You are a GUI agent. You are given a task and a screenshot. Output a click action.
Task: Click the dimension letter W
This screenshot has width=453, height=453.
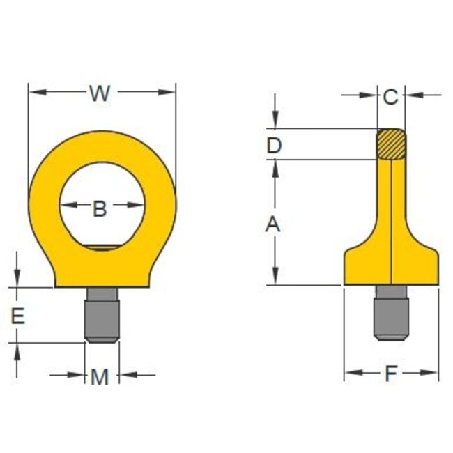(100, 93)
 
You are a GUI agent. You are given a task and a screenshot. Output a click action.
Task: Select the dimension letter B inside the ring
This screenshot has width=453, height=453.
(100, 207)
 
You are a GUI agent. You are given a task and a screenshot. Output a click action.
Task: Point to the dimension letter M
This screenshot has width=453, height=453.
(100, 377)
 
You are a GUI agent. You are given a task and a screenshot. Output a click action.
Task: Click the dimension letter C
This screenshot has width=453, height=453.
(390, 97)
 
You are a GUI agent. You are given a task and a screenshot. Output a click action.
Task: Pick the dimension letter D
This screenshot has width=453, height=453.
(274, 146)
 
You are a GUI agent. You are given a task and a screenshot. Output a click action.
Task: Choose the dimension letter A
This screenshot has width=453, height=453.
(274, 224)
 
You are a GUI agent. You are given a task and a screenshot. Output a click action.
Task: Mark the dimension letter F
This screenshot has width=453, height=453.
(391, 374)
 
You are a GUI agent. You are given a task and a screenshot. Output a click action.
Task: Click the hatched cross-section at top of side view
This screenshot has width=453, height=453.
(391, 144)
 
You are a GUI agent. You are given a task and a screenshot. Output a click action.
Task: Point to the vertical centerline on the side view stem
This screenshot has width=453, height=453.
(392, 209)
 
